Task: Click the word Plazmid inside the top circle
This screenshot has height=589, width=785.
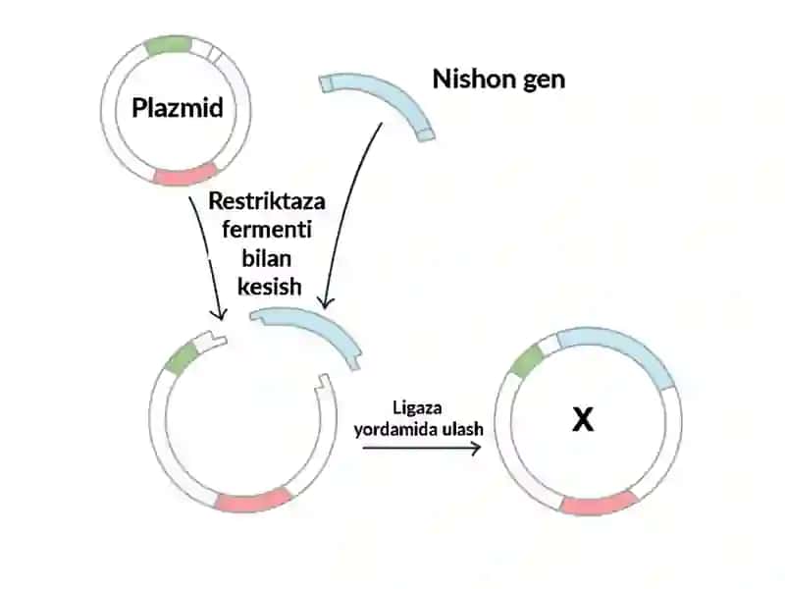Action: pos(178,108)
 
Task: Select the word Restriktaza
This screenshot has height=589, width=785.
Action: pos(267,201)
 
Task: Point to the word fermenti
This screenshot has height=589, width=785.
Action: pos(267,230)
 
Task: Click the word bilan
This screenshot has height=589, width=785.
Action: pos(267,258)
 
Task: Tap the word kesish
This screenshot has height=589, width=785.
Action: pos(269,287)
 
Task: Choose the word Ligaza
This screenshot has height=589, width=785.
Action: pos(417,407)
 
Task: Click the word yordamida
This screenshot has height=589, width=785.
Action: pos(391,429)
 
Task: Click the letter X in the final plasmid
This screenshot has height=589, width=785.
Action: pos(583,419)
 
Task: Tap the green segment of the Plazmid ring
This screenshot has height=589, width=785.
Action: pos(168,45)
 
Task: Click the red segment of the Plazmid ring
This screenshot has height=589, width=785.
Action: pos(185,176)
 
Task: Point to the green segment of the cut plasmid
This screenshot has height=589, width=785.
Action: pos(182,358)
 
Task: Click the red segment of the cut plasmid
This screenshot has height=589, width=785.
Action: pos(254,500)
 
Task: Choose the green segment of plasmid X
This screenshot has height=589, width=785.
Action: pos(527,361)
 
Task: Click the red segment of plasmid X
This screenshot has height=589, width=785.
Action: pos(599,504)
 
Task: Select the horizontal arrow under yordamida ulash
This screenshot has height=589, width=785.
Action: pos(422,448)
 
